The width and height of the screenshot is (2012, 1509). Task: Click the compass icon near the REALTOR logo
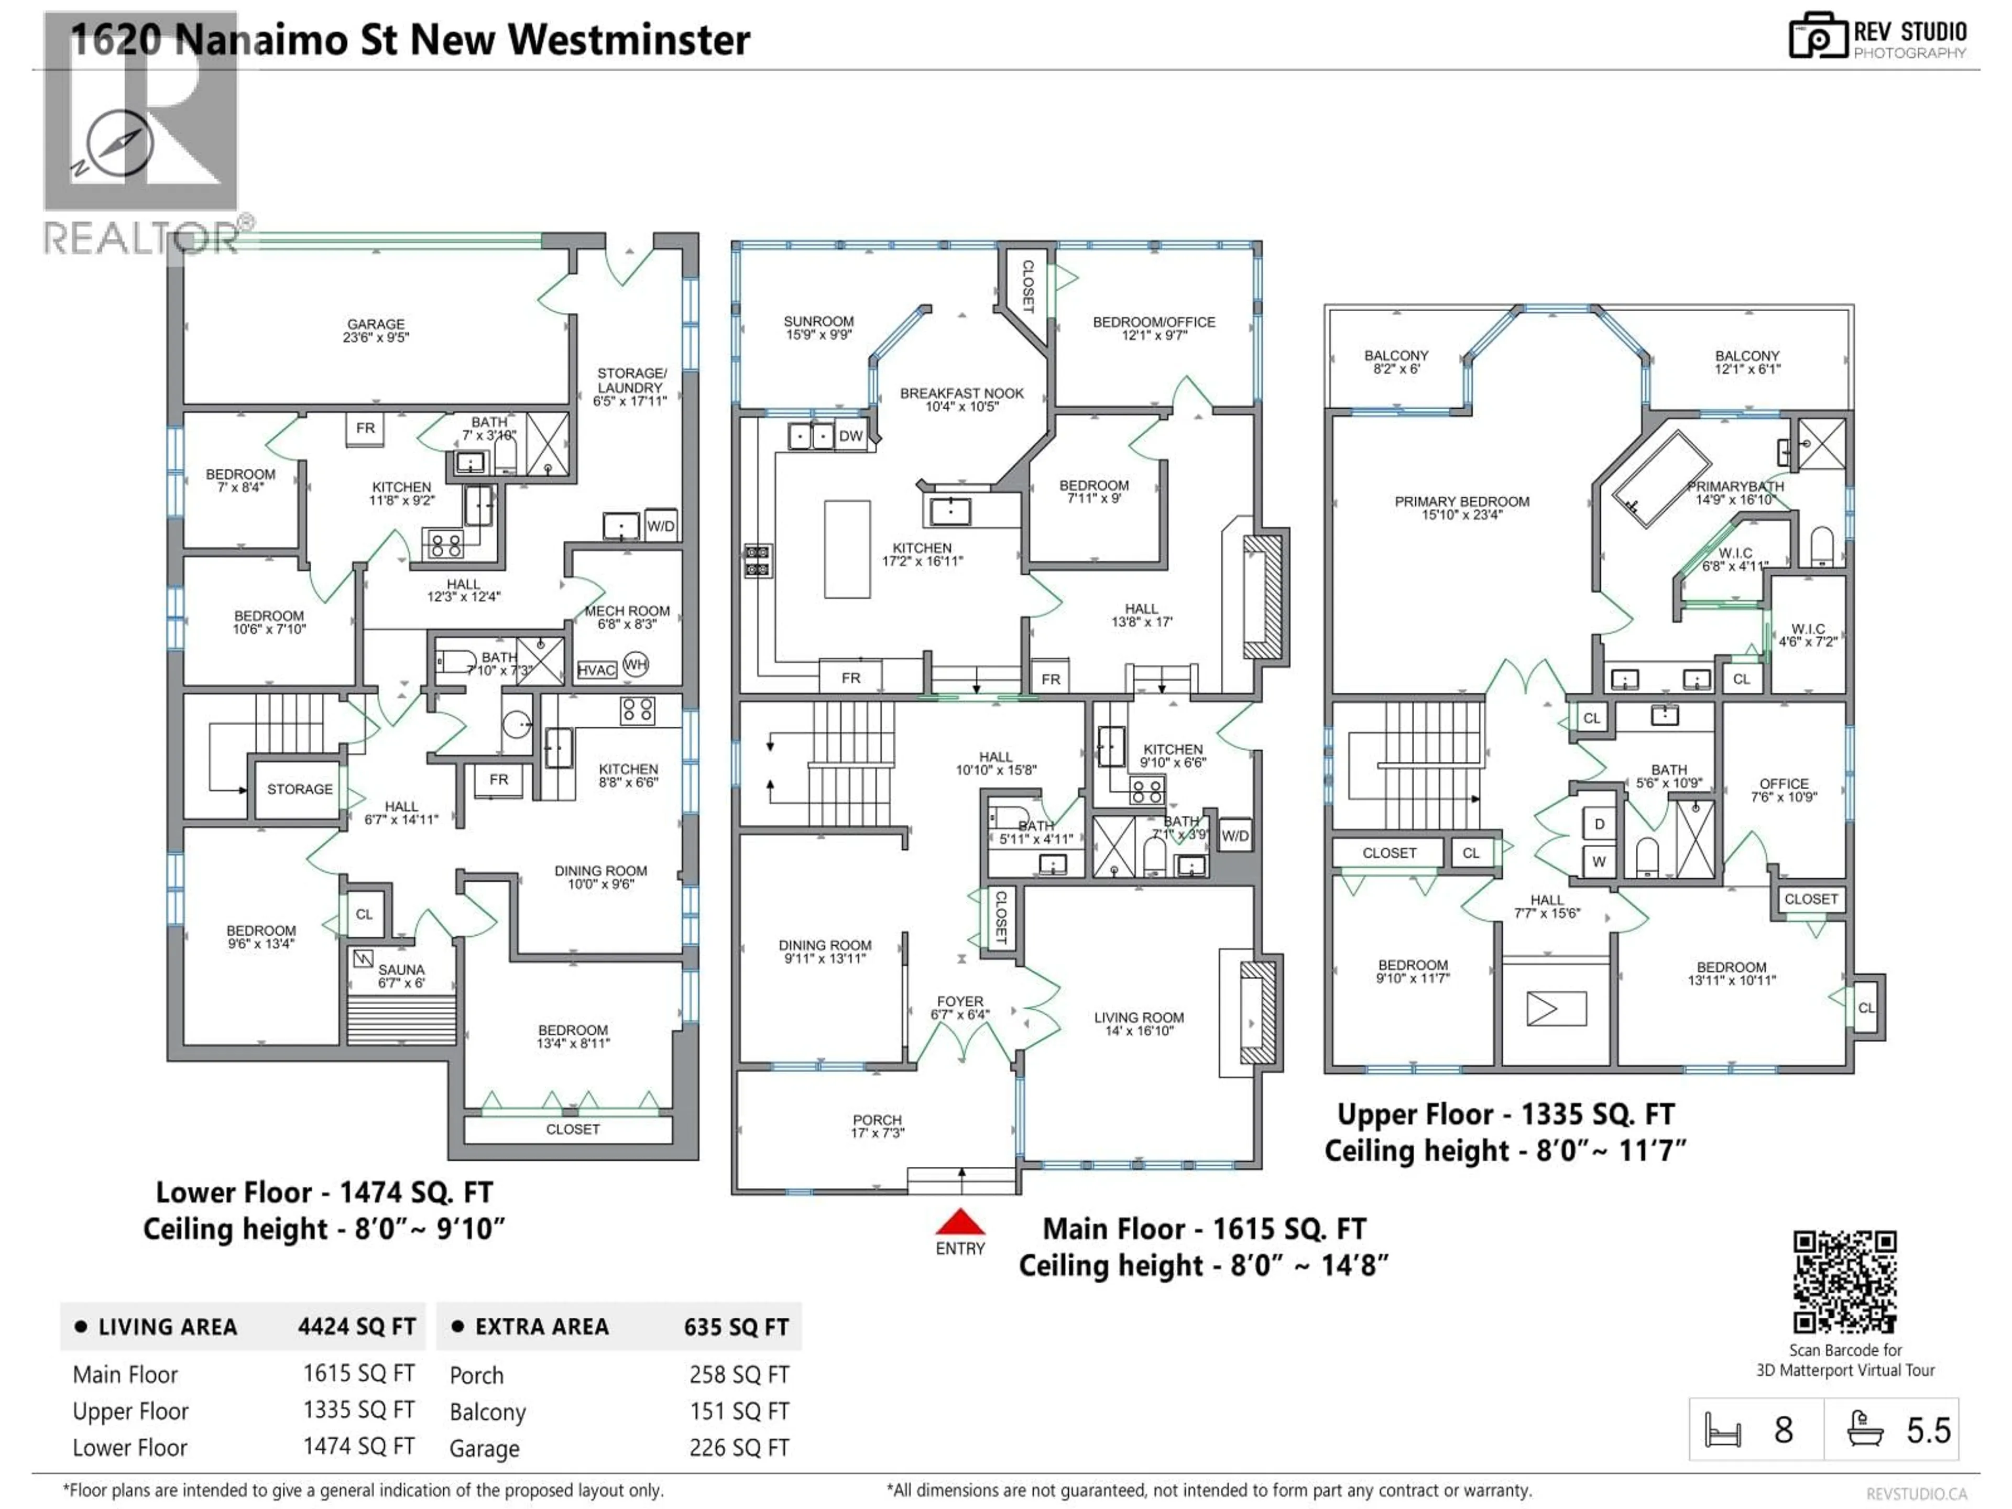119,144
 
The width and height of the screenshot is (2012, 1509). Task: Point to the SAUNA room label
401,970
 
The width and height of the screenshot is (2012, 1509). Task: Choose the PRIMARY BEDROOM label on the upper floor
1462,501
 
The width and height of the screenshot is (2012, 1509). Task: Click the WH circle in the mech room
636,664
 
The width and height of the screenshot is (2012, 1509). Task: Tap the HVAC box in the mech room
597,670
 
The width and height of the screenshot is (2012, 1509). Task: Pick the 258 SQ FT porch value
739,1374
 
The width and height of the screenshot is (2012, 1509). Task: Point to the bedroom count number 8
1783,1431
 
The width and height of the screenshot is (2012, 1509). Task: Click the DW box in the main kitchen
850,436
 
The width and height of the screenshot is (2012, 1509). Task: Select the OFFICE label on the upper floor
1784,783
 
